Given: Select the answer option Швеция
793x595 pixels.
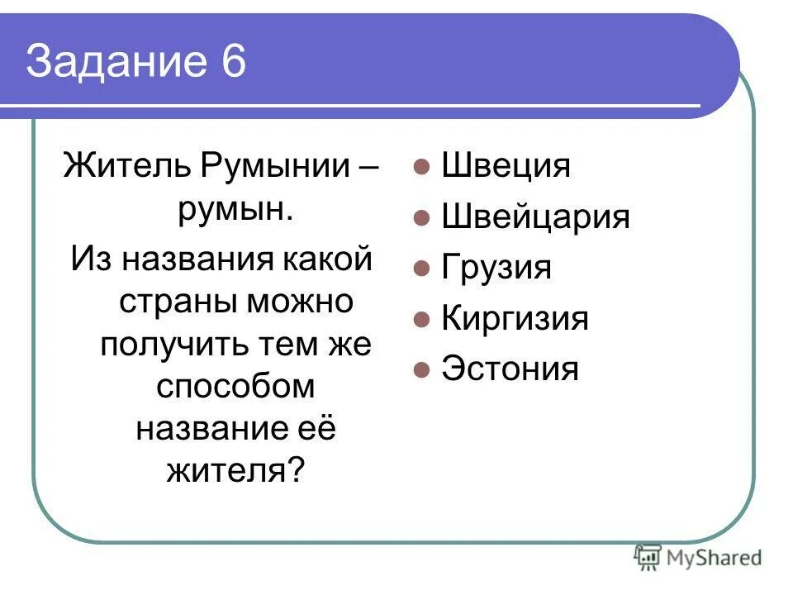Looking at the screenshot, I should point(506,166).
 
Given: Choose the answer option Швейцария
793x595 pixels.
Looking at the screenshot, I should point(535,217).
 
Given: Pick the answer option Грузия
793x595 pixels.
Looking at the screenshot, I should point(496,269).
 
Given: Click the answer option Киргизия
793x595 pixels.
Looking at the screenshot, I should point(515,319).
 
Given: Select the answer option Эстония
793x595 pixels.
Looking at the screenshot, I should point(510,369).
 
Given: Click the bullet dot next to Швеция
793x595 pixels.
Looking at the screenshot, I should point(421,167).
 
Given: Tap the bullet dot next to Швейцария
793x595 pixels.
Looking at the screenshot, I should point(421,218).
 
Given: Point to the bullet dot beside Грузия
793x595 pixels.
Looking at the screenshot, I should point(421,269).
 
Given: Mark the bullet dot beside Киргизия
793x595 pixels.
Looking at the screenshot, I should point(421,319).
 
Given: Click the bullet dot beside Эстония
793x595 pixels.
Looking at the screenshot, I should point(421,369).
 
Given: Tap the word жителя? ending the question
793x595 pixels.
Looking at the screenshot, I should point(235,472).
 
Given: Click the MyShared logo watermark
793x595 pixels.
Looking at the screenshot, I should point(698,558).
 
